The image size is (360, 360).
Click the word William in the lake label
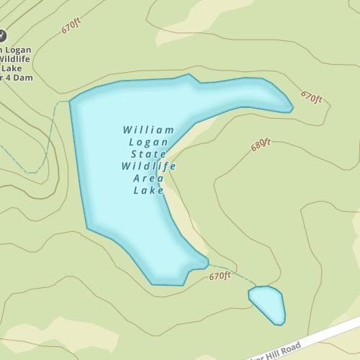[148, 130]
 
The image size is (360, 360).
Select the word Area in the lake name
[148, 179]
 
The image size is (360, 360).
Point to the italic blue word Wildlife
[148, 167]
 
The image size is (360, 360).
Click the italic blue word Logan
[148, 143]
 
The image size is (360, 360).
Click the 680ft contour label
[261, 145]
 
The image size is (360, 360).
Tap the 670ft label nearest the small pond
[220, 276]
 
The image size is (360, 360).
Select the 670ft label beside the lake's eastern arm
[310, 96]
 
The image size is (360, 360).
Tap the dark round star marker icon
[2, 34]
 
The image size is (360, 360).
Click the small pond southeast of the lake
[267, 302]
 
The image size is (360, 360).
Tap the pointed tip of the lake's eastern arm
[292, 109]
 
